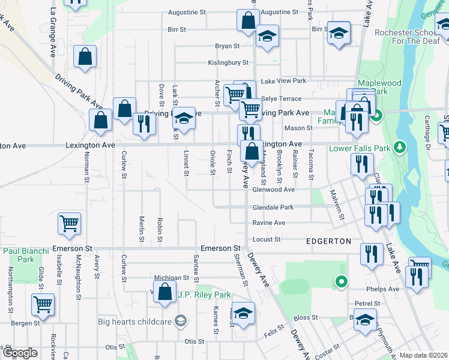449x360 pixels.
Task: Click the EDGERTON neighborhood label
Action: point(328,241)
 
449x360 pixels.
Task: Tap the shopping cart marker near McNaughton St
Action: point(69,223)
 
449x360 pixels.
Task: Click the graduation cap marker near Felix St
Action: point(243,313)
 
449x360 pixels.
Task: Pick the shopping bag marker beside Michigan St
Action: point(164,292)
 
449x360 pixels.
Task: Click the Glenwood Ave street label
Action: point(273,190)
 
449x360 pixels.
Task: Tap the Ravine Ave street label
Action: point(268,223)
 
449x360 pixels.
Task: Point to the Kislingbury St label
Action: point(228,62)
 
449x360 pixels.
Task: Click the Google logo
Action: point(20,353)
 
